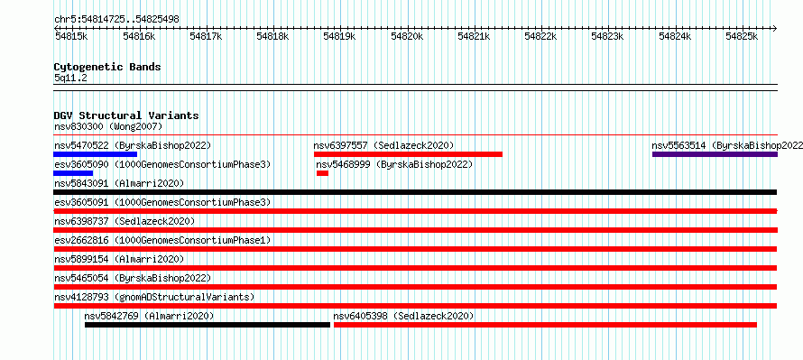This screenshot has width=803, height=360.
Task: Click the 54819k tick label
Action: tap(340, 36)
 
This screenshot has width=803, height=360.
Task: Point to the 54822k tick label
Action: tap(540, 36)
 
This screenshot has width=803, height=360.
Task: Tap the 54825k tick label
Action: tap(742, 36)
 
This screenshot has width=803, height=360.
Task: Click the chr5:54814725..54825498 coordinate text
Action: tap(116, 19)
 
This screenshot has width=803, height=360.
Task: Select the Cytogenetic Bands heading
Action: tap(107, 67)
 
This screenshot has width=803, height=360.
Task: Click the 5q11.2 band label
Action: tap(70, 78)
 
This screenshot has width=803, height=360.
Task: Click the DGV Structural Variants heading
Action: tap(126, 115)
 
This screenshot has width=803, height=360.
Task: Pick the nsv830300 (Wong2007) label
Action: tap(108, 126)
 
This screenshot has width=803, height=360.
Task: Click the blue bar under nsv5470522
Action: tap(96, 154)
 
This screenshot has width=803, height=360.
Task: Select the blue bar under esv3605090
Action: tap(73, 173)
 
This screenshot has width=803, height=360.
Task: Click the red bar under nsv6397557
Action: tap(408, 154)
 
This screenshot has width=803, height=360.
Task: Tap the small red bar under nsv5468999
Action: tap(323, 173)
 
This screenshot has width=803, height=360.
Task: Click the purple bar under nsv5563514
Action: tap(715, 154)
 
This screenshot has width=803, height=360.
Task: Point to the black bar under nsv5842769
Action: tap(208, 325)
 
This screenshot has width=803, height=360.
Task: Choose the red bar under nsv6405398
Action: tap(545, 325)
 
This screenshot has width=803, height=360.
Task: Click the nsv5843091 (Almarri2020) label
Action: tap(119, 183)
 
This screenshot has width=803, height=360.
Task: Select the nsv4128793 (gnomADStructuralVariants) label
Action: tap(154, 297)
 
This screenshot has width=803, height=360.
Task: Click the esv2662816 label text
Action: tap(81, 240)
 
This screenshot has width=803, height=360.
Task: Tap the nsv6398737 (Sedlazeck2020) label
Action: tap(125, 221)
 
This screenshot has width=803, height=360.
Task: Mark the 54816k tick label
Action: tap(139, 36)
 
